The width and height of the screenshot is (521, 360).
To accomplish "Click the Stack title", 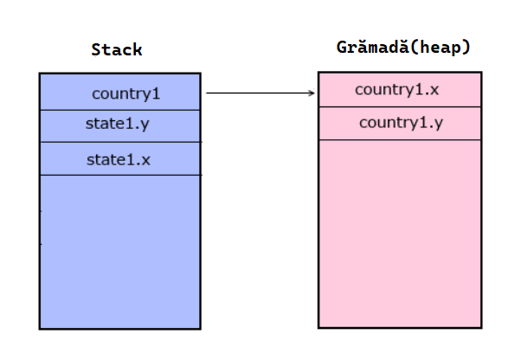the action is (117, 50).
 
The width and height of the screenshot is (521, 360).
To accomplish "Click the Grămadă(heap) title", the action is (403, 47).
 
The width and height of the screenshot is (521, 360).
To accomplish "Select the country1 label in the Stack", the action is (126, 94).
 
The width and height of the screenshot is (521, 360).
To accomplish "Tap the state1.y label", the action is (118, 124).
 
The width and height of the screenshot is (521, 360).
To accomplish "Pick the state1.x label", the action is (119, 160).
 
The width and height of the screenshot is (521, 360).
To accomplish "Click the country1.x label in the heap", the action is (396, 90).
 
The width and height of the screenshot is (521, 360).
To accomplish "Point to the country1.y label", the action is (401, 123).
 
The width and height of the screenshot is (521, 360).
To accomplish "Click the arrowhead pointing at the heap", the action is (312, 93).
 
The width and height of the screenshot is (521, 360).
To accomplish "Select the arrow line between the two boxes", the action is (260, 93).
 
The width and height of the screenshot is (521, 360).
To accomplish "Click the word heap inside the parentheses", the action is (441, 47).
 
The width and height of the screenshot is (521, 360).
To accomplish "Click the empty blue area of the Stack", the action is (120, 252).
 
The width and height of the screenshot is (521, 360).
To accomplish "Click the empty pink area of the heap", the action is (400, 234).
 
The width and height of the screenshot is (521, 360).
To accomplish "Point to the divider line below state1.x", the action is (120, 175).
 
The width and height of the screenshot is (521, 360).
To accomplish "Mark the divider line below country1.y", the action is (400, 140).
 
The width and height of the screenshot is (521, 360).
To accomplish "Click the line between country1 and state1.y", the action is (120, 110).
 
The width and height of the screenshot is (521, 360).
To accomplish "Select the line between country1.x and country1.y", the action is (400, 106).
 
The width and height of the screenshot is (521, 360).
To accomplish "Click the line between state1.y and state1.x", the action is (120, 142).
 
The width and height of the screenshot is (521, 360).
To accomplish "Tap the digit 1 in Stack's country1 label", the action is (156, 93).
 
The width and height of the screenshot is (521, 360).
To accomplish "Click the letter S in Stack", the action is (96, 50).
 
